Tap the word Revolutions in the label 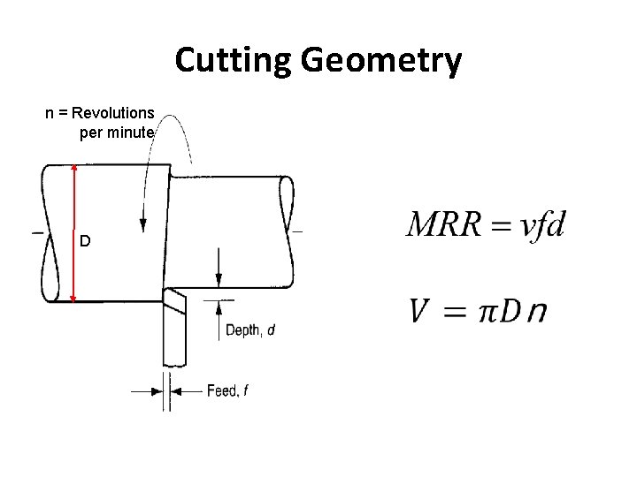pos(114,113)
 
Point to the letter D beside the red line pos(85,241)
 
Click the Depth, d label pos(250,330)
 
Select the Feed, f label pos(227,390)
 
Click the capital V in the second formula pos(422,312)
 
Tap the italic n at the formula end pos(535,314)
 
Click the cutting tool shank pos(174,340)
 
